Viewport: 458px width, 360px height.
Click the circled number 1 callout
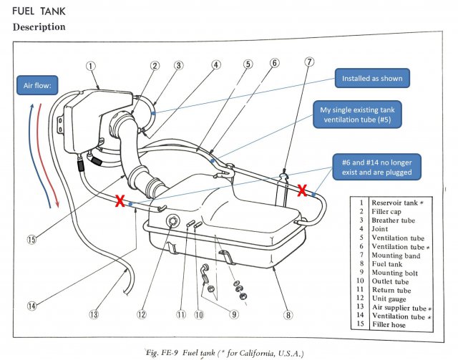(91, 66)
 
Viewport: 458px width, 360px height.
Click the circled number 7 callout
(309, 62)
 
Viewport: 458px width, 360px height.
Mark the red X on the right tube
(303, 190)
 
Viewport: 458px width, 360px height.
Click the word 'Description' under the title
(39, 27)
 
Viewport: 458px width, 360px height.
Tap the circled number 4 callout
(216, 64)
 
